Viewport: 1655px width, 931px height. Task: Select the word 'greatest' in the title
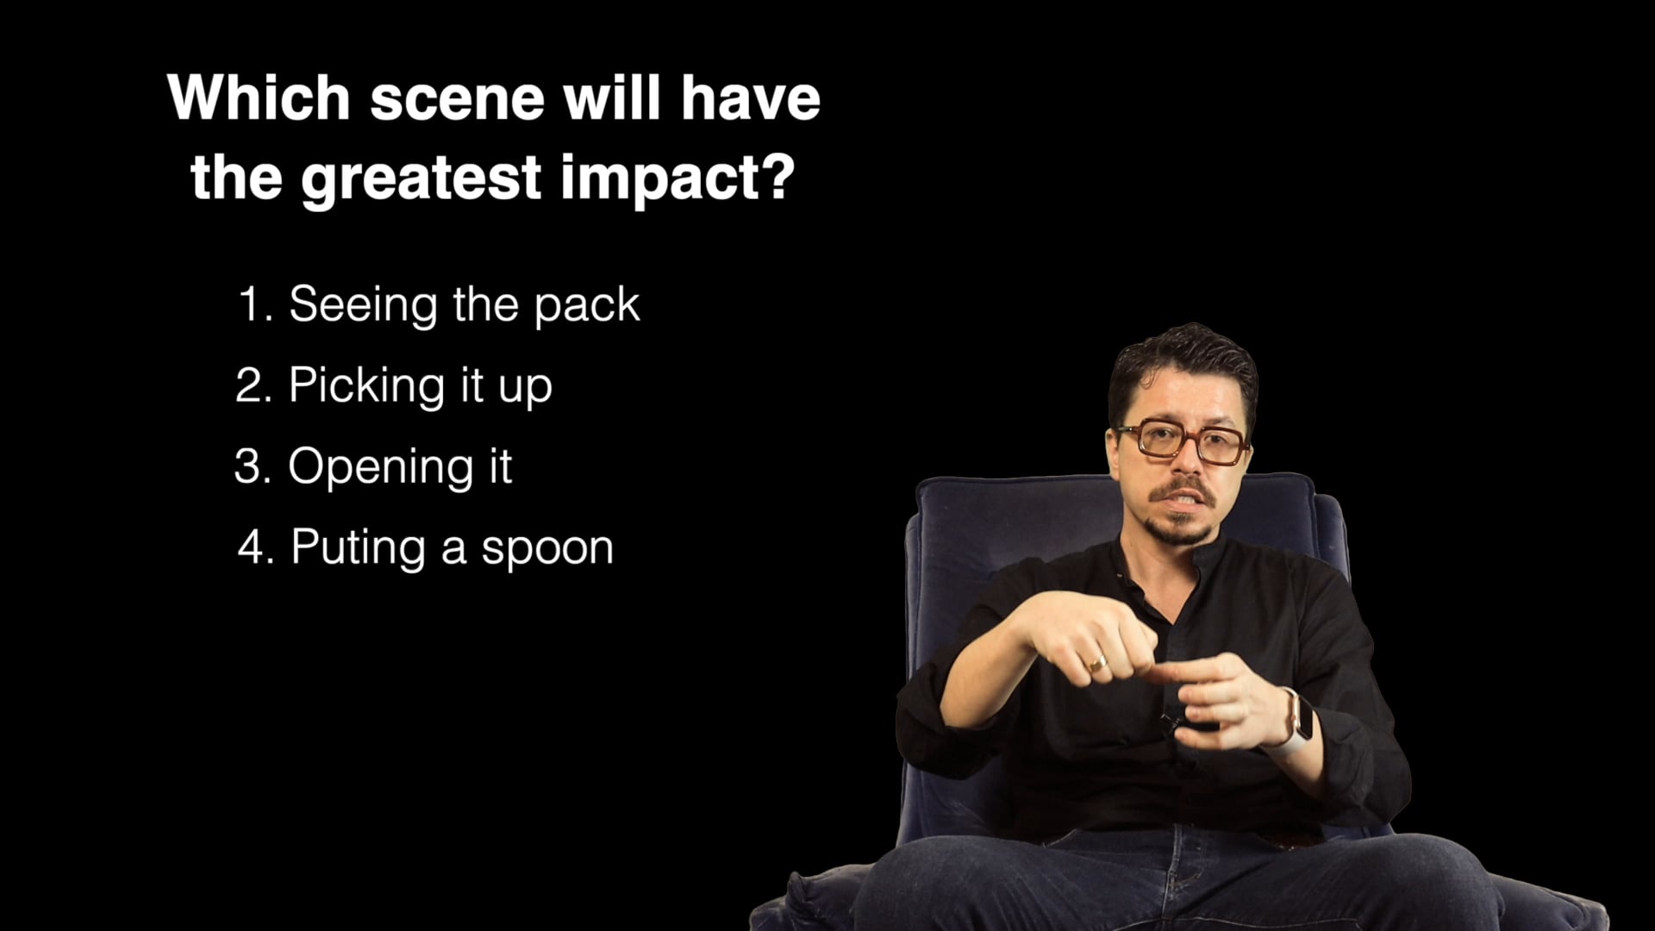point(422,178)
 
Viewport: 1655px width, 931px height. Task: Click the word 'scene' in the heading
point(457,97)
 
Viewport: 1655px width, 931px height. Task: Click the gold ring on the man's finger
point(1096,664)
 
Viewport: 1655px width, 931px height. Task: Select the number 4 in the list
point(254,547)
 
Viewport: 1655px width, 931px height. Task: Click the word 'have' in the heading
point(750,97)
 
